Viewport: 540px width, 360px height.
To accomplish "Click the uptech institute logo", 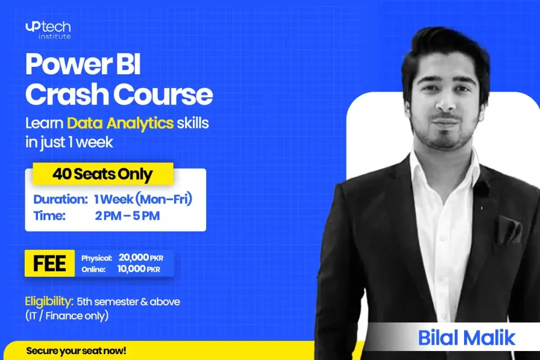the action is pos(48,30).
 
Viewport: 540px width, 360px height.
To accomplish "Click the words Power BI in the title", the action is pos(83,64).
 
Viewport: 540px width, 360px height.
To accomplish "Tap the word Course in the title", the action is pos(163,94).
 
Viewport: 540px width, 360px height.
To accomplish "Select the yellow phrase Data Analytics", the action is pos(120,123).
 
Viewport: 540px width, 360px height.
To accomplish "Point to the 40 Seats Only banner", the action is pos(103,174).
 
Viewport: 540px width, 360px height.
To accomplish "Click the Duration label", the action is pos(61,199).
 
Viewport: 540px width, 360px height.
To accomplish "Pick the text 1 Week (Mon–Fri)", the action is pos(143,199).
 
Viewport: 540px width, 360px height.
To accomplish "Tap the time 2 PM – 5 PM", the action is pos(128,216).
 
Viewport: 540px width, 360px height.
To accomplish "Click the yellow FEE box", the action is pos(50,264).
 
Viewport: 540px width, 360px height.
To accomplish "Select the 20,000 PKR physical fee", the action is pos(141,257).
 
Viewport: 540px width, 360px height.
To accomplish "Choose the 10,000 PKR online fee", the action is pos(139,269).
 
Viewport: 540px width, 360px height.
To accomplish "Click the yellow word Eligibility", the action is pos(49,302).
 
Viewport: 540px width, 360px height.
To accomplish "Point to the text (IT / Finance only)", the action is pos(67,316).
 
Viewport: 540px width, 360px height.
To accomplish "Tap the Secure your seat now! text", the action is pos(76,351).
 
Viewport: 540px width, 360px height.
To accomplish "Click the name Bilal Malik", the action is pos(467,338).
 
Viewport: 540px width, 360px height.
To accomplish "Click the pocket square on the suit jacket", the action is pos(509,229).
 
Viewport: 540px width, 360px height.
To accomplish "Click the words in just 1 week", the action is pos(69,142).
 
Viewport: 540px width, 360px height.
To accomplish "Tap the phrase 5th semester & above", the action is pos(129,302).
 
